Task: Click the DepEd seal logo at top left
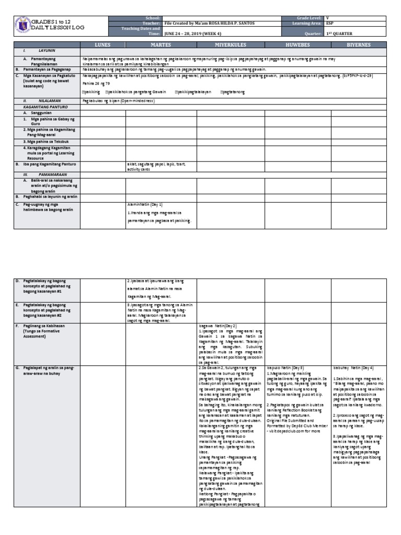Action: coord(22,24)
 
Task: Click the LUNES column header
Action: coord(102,45)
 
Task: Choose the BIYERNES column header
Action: coord(359,45)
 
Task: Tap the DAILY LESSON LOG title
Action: coord(57,27)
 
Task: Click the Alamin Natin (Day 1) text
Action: coord(145,205)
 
